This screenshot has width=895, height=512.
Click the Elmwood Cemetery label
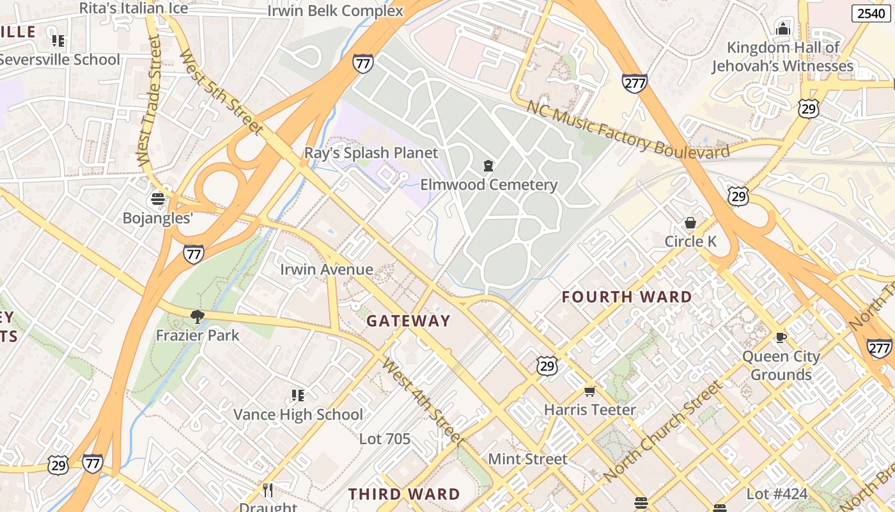488,185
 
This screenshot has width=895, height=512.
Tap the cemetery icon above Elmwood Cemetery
488,166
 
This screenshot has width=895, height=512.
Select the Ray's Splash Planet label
371,153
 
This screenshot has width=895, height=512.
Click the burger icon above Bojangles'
157,199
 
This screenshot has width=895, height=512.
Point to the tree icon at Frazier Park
198,316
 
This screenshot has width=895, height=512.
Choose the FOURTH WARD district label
626,297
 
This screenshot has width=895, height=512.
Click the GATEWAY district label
409,321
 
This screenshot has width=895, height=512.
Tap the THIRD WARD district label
404,494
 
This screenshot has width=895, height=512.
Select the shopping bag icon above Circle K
690,223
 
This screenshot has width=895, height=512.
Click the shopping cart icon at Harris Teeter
589,391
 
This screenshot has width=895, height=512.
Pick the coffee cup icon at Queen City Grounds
780,337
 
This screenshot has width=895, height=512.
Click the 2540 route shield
871,13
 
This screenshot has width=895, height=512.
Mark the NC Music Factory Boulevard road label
628,130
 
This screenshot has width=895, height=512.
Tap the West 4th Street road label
422,401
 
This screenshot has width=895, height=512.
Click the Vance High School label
298,414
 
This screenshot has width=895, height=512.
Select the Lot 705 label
384,439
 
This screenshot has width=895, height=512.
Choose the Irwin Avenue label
326,269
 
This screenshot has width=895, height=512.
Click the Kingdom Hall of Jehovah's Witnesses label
782,57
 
